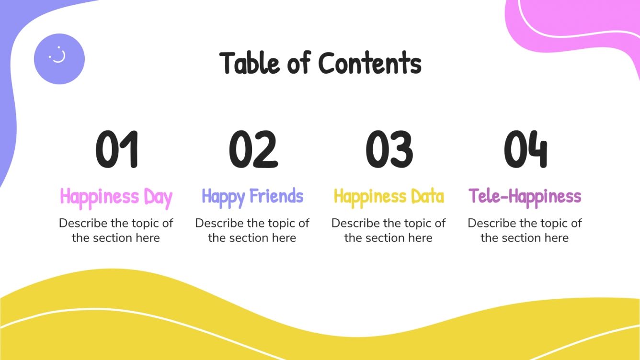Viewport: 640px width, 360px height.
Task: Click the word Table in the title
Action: (x=250, y=63)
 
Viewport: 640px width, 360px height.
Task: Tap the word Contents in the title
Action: (x=370, y=63)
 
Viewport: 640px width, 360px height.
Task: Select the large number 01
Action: (x=116, y=149)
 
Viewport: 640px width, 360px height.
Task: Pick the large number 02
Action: (x=253, y=149)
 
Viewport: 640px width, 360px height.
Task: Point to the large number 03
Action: (x=389, y=149)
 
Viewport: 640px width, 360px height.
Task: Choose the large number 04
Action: (x=525, y=149)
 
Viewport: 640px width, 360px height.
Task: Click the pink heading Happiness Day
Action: (x=116, y=197)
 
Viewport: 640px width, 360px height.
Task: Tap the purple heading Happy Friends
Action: (x=252, y=197)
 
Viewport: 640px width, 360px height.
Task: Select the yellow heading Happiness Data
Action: (x=389, y=197)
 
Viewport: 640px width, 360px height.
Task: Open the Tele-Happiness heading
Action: (x=525, y=197)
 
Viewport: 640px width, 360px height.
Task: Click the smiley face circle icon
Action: (x=59, y=59)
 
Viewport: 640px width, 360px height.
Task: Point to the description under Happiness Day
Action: (x=116, y=230)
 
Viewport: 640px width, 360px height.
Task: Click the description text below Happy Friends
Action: (x=252, y=230)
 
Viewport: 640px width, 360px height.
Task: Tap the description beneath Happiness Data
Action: (x=389, y=230)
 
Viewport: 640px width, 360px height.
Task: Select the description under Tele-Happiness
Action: (x=525, y=230)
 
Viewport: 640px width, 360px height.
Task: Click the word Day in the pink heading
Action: (x=158, y=197)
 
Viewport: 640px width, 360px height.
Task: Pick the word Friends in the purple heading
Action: (x=276, y=197)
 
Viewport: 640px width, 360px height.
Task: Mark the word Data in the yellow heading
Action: (x=427, y=197)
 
